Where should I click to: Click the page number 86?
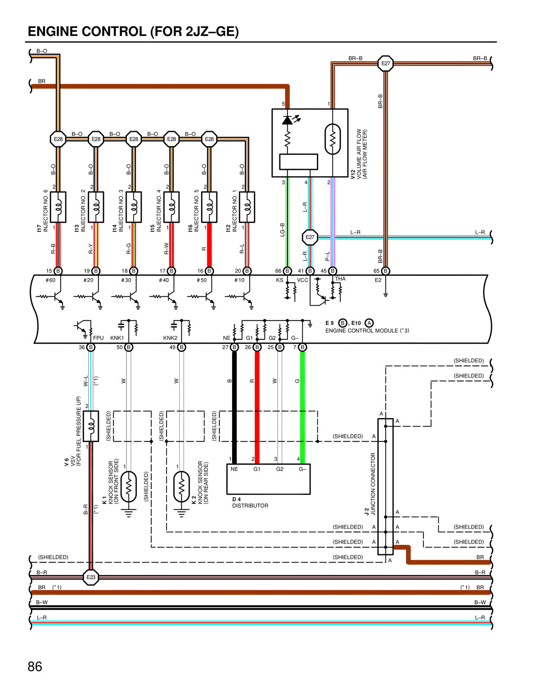35,667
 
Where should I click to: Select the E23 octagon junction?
91,577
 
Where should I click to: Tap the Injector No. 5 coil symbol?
209,207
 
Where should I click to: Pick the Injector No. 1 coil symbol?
247,207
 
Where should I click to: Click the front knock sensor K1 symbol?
129,487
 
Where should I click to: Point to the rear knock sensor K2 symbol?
182,487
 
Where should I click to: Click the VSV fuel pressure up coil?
91,426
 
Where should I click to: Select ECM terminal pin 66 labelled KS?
287,271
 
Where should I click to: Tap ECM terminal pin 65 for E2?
385,271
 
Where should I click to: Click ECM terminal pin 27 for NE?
235,347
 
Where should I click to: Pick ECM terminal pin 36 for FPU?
91,347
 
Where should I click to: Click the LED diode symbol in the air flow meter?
287,120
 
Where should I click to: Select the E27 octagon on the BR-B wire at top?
385,64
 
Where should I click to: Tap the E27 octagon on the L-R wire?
310,237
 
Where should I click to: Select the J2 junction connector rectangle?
385,486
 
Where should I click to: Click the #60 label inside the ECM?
50,280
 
